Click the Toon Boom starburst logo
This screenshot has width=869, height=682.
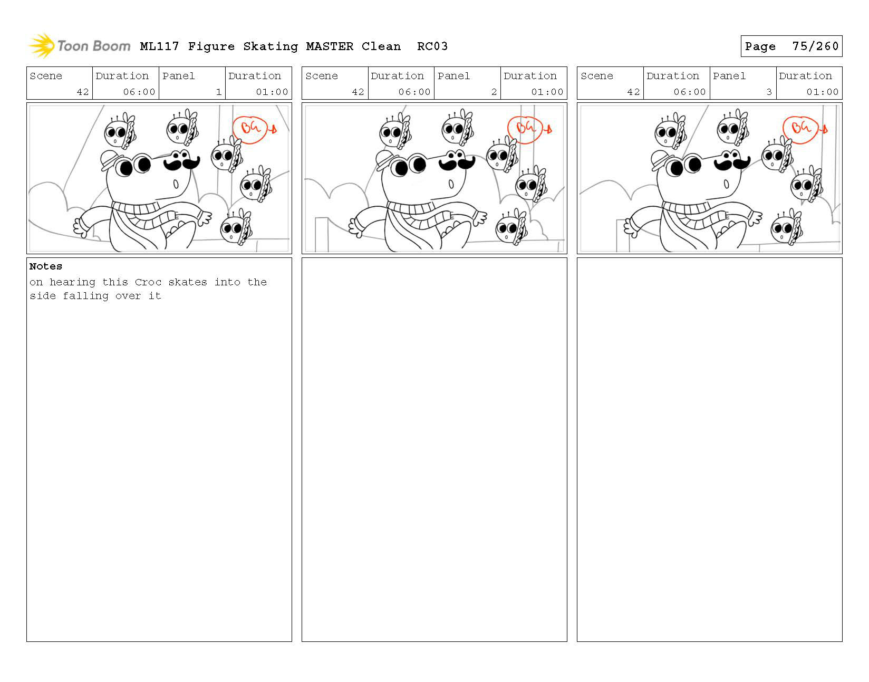pyautogui.click(x=42, y=45)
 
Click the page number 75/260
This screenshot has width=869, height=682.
pyautogui.click(x=815, y=46)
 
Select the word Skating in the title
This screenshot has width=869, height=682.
pyautogui.click(x=271, y=47)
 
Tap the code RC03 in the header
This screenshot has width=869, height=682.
pyautogui.click(x=432, y=46)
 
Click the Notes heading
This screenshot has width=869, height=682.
pyautogui.click(x=45, y=266)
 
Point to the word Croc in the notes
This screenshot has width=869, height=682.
pyautogui.click(x=148, y=282)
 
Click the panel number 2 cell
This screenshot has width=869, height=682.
pyautogui.click(x=467, y=83)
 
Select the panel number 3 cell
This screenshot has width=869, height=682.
pyautogui.click(x=742, y=83)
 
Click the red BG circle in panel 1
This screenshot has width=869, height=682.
pyautogui.click(x=249, y=130)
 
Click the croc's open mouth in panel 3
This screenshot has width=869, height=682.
pyautogui.click(x=726, y=185)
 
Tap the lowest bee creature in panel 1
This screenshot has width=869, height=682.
pyautogui.click(x=236, y=227)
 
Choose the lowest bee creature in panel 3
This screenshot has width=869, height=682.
pyautogui.click(x=786, y=227)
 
